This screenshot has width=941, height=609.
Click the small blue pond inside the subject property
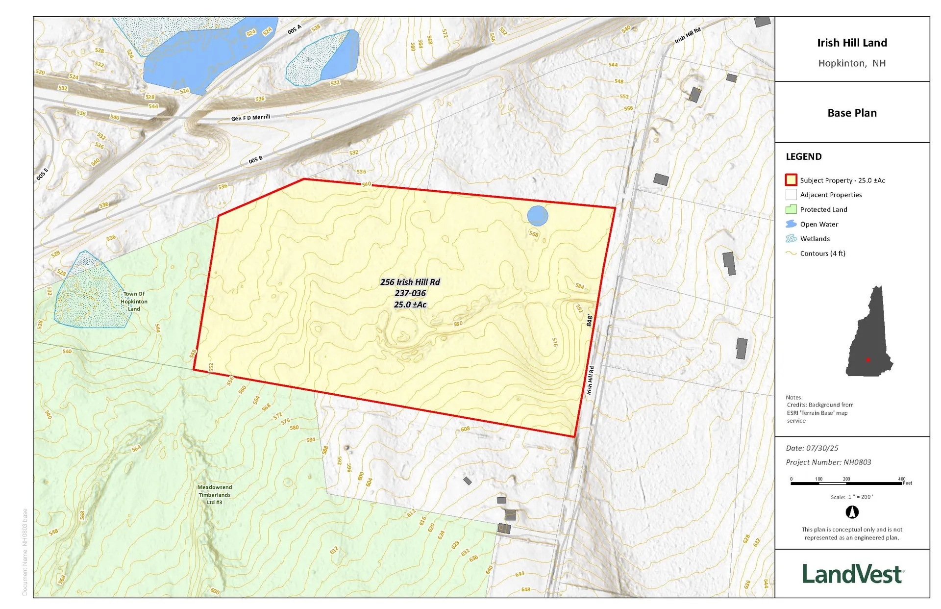tap(538, 216)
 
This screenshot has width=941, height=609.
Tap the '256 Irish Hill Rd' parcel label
tap(410, 282)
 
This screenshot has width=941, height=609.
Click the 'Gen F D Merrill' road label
tap(250, 118)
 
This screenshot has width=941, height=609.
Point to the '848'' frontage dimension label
tap(590, 321)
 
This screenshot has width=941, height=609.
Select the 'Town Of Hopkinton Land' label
tap(134, 301)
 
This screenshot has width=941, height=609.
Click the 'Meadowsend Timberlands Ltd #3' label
tap(215, 494)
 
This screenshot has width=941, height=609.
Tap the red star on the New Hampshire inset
tap(868, 360)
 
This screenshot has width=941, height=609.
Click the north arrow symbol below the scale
tap(852, 512)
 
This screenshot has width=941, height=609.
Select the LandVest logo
tap(852, 574)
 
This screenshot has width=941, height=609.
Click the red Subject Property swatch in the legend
tap(791, 180)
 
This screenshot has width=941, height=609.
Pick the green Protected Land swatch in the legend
tap(791, 209)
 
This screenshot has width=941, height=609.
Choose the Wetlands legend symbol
tap(791, 239)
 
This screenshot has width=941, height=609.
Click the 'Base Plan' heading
tap(852, 113)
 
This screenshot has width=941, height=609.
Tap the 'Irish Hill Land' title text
tap(852, 43)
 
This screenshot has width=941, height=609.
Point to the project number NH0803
tap(857, 462)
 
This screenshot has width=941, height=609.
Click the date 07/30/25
tap(822, 448)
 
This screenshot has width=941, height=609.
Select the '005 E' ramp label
tap(42, 174)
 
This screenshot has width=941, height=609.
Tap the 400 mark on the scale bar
tap(901, 479)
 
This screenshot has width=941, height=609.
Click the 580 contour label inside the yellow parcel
tap(458, 324)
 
